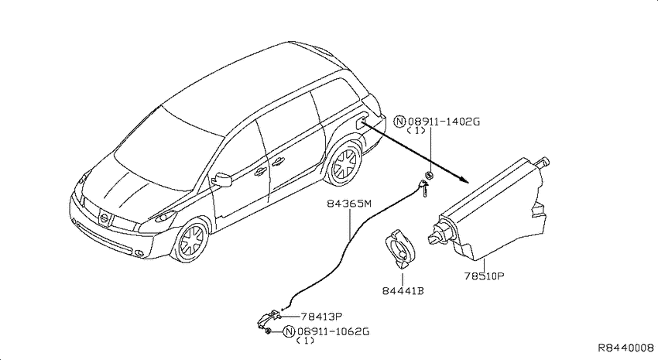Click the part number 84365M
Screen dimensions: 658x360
(350, 204)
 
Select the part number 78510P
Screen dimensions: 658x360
(485, 276)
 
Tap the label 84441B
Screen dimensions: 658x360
(403, 291)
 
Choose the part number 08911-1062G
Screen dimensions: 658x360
(333, 331)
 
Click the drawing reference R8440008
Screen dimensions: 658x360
(626, 348)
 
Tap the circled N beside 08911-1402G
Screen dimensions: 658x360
(399, 122)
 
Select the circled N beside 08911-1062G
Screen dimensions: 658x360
(289, 332)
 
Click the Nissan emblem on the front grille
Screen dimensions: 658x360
(104, 218)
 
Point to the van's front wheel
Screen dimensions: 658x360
(191, 241)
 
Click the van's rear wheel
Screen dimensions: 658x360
(344, 163)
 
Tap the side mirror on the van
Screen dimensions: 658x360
(222, 179)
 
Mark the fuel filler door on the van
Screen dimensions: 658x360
(361, 123)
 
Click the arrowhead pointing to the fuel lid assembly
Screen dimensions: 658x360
(464, 180)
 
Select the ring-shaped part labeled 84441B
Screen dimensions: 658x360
(400, 249)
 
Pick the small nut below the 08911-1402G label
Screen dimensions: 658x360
(428, 175)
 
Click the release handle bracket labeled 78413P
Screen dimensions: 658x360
(268, 320)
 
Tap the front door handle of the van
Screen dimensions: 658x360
(259, 170)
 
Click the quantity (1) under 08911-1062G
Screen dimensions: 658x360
(305, 341)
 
